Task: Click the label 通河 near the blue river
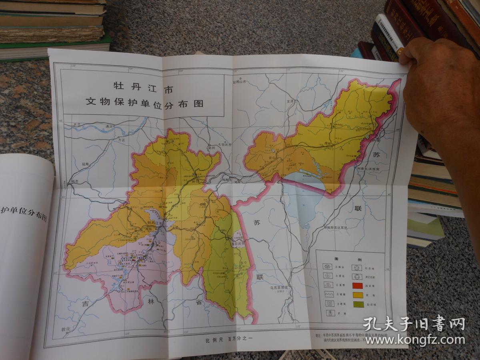coord(109,126)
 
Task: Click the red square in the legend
coord(358,286)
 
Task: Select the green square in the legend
coord(358,304)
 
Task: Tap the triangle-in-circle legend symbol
coord(355,276)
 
